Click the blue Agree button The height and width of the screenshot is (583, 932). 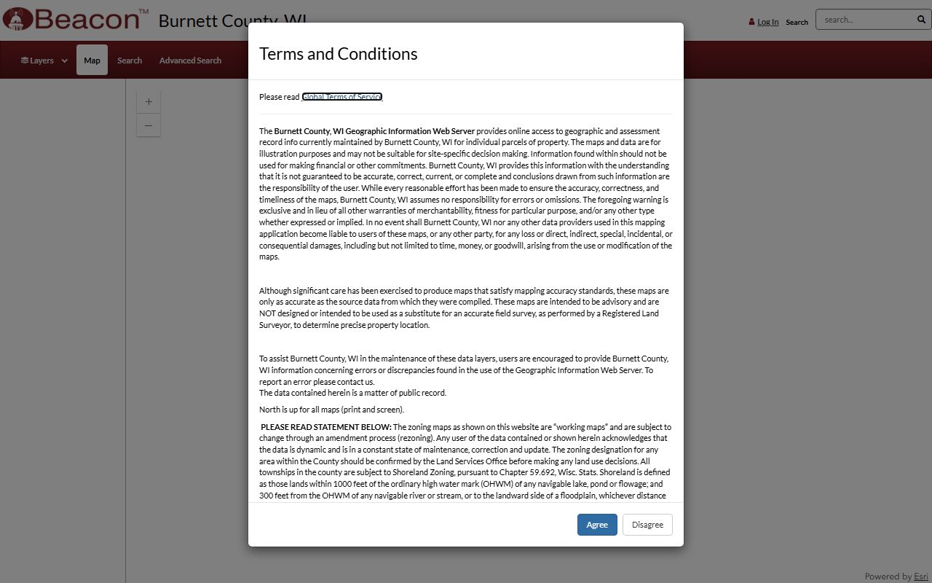597,525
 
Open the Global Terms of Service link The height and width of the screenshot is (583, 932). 342,97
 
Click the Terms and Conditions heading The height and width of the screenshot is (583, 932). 339,54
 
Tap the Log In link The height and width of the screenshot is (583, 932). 767,22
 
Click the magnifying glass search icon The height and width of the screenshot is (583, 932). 921,20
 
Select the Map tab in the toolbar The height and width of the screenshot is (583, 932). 92,60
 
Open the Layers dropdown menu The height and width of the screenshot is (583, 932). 44,60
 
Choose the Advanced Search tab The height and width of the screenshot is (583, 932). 190,60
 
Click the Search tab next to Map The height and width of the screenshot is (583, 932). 130,60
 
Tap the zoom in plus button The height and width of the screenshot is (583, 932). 149,102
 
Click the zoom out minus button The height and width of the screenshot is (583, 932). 149,125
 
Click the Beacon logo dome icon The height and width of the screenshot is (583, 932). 17,19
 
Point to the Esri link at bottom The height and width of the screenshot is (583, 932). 921,576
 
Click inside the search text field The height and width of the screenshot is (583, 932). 866,20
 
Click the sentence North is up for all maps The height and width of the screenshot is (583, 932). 331,410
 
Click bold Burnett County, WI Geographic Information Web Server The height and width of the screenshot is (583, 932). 374,131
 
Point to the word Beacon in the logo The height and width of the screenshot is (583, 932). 86,19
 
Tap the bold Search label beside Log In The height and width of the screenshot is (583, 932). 797,22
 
